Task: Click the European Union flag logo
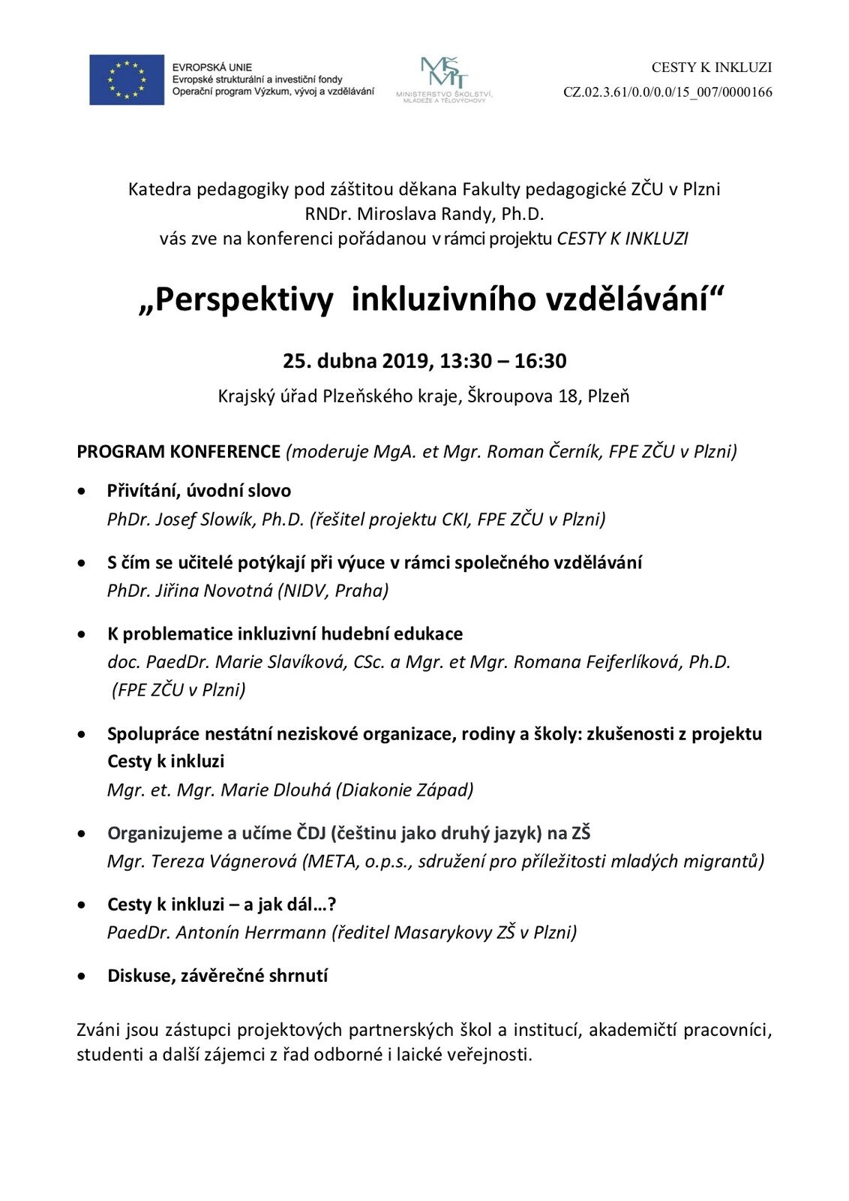click(126, 80)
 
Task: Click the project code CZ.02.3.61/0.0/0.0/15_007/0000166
click(667, 92)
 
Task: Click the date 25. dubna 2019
click(355, 361)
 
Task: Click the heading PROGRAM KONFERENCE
click(178, 451)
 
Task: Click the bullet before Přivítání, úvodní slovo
click(82, 491)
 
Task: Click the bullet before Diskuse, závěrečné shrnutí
click(82, 976)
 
